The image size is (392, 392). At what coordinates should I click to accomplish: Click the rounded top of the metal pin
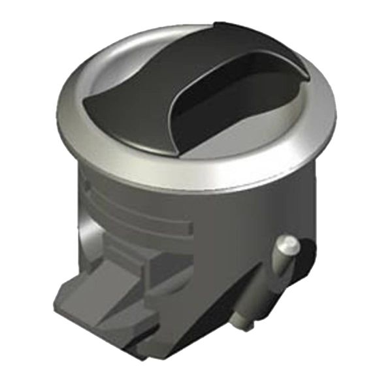(288, 244)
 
